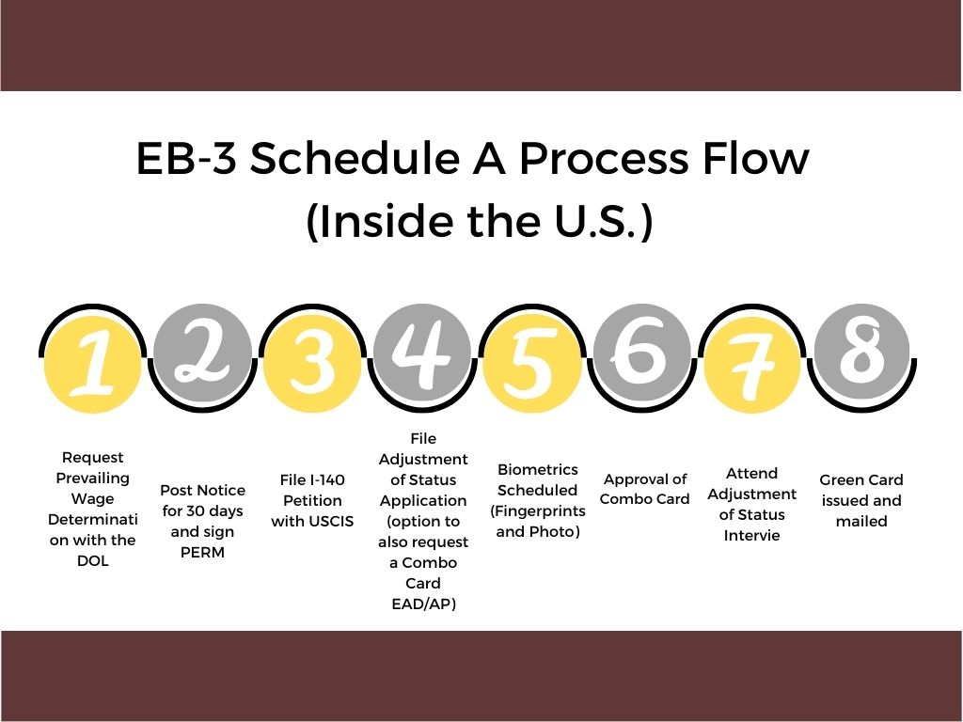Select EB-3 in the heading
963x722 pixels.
186,160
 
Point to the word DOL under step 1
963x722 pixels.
92,561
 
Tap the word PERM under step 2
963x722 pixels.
202,552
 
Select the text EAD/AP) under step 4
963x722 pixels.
423,604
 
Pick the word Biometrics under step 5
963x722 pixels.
538,469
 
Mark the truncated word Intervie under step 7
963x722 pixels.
752,536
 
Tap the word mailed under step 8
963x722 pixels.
861,521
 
